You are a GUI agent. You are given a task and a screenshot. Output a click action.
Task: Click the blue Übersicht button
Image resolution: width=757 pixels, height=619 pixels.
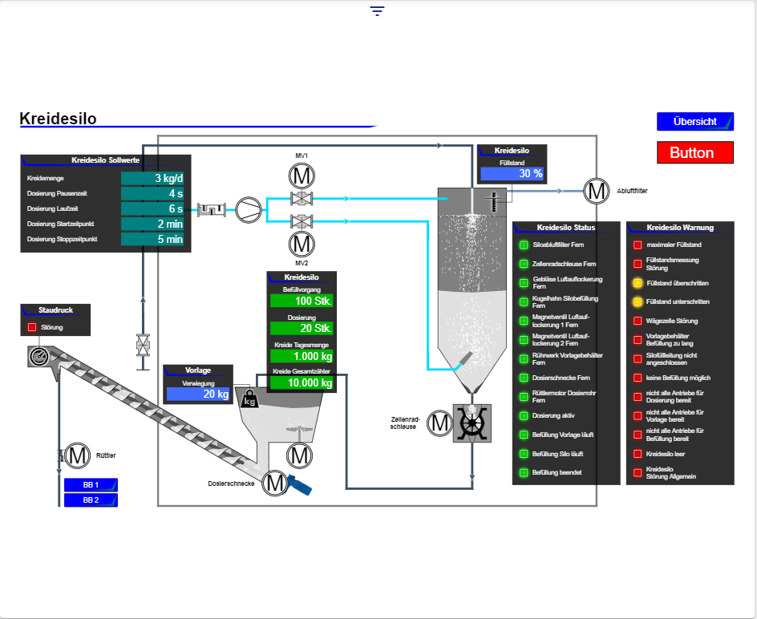694,122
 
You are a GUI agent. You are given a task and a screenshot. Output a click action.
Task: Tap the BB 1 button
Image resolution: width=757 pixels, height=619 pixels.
91,485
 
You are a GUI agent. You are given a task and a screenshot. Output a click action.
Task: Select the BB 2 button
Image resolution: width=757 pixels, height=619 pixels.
91,500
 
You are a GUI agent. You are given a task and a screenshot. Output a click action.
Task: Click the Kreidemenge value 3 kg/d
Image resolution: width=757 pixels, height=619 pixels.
153,178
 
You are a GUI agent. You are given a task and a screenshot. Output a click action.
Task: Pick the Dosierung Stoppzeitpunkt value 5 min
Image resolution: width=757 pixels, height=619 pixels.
153,239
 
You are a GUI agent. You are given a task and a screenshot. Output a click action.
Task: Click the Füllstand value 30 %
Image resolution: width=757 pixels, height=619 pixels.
512,173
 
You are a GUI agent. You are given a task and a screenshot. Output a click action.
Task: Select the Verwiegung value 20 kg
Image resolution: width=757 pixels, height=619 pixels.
198,394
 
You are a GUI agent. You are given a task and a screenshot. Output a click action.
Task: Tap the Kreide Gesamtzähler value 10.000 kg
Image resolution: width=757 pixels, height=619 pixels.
302,383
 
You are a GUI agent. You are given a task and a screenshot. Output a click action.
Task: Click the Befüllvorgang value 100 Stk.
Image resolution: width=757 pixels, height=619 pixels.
302,301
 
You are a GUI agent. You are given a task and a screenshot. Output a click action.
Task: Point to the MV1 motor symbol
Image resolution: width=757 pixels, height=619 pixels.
302,175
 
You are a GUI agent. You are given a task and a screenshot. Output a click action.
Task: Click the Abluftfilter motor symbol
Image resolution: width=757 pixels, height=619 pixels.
596,191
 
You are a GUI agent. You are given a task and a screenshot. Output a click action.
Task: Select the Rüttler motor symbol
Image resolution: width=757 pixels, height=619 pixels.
78,455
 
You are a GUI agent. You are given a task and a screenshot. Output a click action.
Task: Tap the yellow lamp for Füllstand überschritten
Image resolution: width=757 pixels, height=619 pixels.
638,283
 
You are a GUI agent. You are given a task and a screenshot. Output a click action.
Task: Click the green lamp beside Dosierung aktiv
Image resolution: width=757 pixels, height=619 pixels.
524,415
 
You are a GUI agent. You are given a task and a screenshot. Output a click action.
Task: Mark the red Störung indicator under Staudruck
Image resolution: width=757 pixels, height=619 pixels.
32,327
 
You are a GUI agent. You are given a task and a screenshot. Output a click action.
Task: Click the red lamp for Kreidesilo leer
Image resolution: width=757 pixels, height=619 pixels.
638,454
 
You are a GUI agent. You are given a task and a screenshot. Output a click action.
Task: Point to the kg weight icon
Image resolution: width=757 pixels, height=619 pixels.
250,399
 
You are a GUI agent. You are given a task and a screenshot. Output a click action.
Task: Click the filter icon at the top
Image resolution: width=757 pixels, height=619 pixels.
378,10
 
